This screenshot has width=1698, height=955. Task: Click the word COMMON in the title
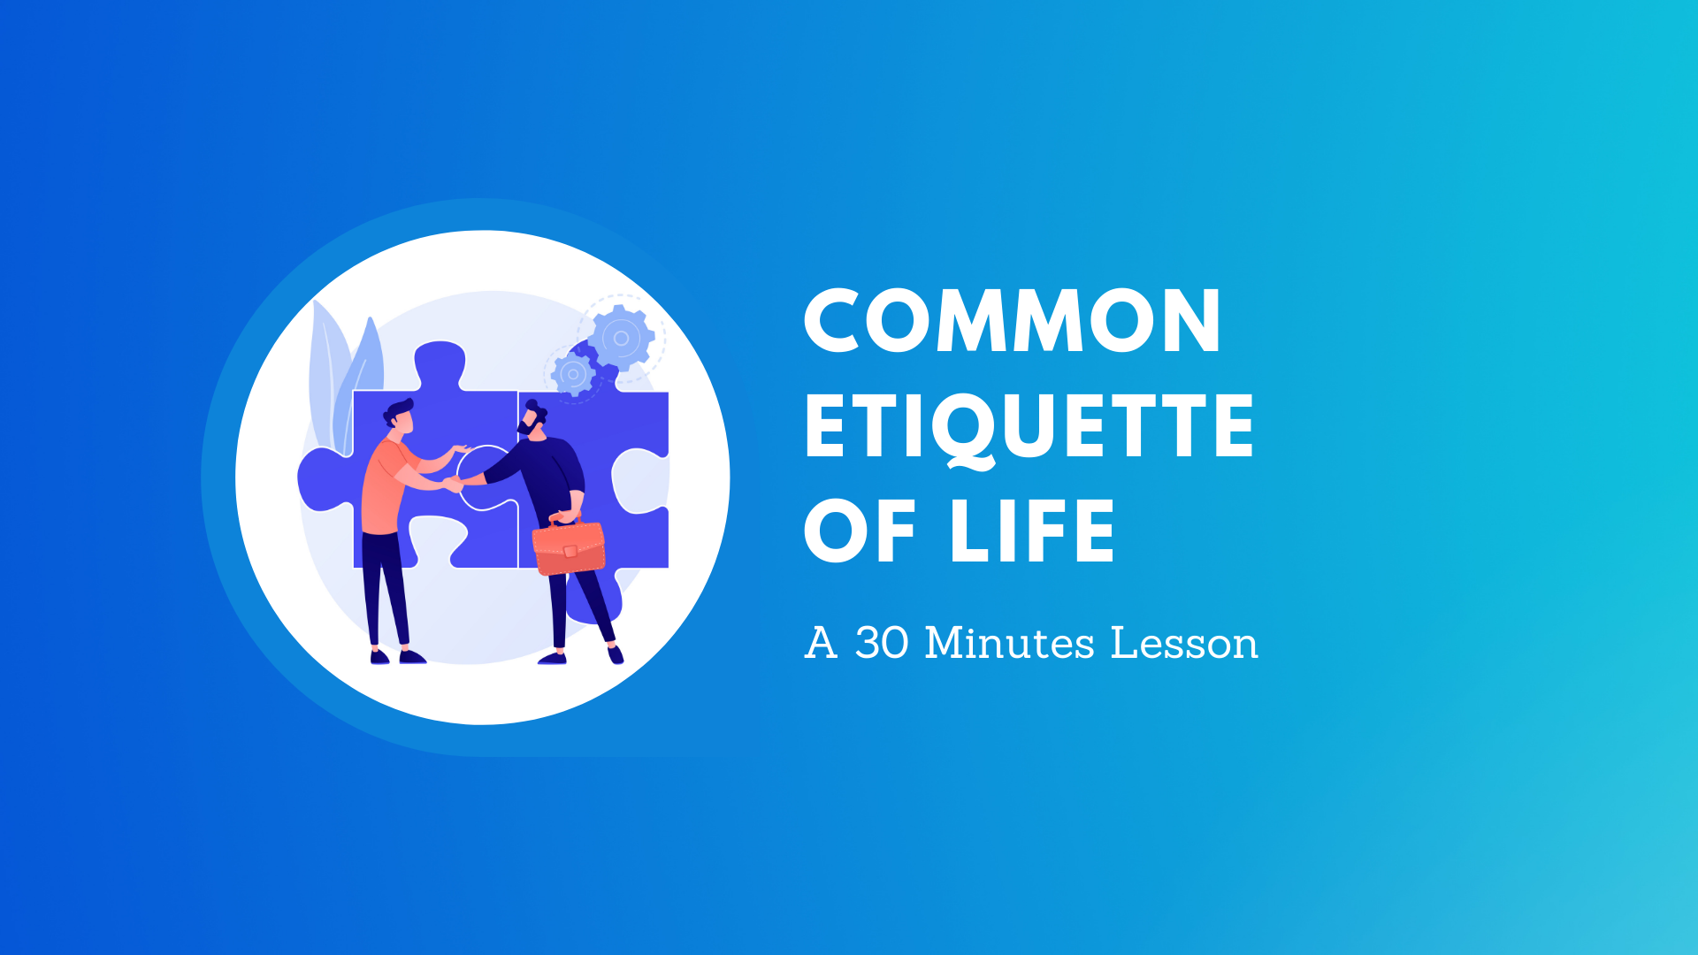1012,321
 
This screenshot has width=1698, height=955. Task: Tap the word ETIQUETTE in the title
1029,427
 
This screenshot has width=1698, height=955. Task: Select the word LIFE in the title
1031,531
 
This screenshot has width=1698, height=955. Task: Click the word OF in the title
860,531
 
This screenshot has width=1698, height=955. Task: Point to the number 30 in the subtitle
882,643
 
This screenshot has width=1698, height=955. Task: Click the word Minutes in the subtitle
1009,643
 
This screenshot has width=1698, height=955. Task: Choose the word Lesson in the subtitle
1183,643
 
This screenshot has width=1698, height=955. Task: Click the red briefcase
569,547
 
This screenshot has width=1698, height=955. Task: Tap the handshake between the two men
454,483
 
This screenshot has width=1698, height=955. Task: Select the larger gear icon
621,338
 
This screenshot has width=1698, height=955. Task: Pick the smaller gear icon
573,374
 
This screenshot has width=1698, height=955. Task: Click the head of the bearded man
532,419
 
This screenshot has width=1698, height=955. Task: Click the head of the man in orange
400,416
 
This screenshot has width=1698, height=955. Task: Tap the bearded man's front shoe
553,658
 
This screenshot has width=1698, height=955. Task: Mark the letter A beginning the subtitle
820,643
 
